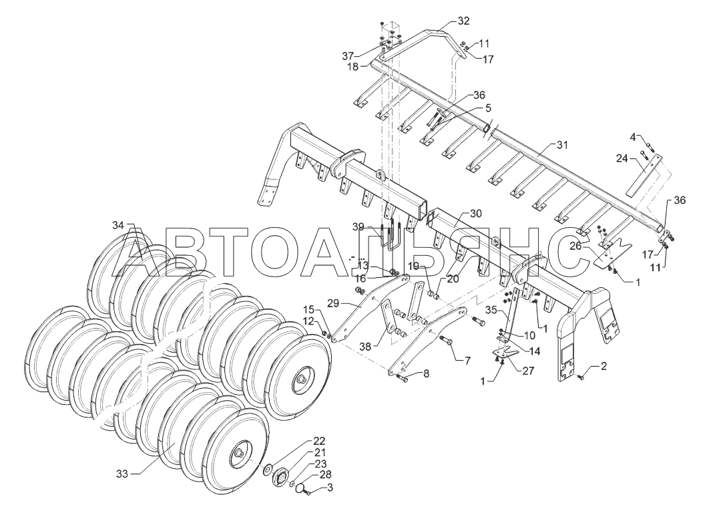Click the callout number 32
pyautogui.click(x=463, y=21)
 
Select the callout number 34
pyautogui.click(x=117, y=225)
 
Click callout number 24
pyautogui.click(x=622, y=158)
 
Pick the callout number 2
pyautogui.click(x=604, y=365)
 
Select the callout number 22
pyautogui.click(x=320, y=441)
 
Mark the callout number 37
pyautogui.click(x=366, y=54)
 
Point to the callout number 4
pyautogui.click(x=632, y=137)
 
